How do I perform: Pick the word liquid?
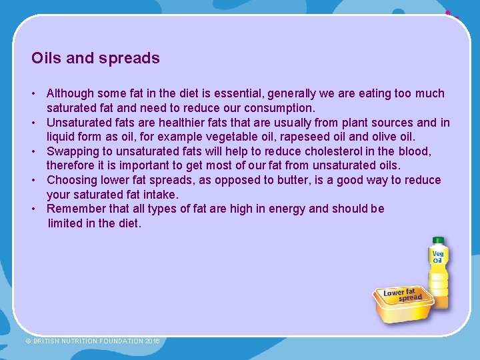pyautogui.click(x=62, y=137)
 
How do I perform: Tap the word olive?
pyautogui.click(x=387, y=137)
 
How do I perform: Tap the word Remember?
pyautogui.click(x=75, y=209)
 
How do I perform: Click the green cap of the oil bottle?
pyautogui.click(x=438, y=241)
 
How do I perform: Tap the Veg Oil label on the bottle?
pyautogui.click(x=438, y=257)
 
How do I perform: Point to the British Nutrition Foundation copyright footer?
pyautogui.click(x=93, y=341)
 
